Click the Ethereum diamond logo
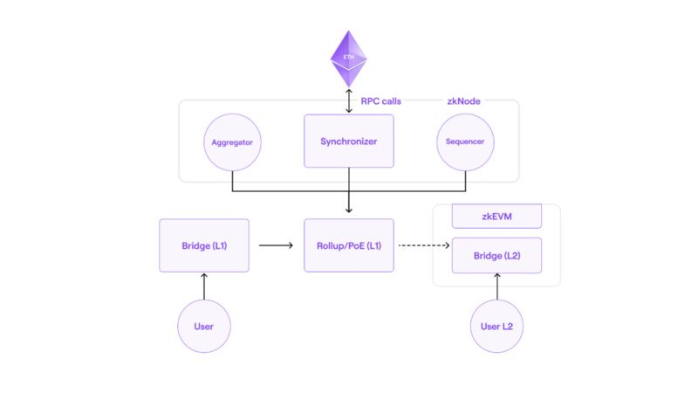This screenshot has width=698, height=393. tap(348, 59)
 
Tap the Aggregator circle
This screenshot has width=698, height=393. tap(232, 142)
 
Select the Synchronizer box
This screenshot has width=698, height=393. tap(348, 141)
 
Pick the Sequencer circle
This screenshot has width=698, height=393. tap(465, 142)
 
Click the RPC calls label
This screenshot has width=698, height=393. tap(380, 101)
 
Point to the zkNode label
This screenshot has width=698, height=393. tap(463, 101)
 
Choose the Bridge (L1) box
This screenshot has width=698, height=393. tap(204, 245)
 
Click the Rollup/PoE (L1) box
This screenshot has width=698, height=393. tap(348, 245)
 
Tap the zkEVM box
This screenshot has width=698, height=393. tap(496, 217)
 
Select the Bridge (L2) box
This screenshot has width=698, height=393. tap(496, 255)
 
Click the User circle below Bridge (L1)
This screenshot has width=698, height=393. tap(204, 326)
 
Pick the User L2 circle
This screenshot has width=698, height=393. tap(496, 326)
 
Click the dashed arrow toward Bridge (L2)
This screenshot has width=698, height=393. tap(424, 245)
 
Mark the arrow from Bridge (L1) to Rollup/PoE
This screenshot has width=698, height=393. tap(276, 245)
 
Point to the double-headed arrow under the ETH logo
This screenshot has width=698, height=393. tap(349, 100)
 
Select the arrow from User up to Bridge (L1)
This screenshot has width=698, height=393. tap(204, 286)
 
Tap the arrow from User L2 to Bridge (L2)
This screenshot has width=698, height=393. tap(497, 286)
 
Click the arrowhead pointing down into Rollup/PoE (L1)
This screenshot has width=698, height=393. tap(349, 210)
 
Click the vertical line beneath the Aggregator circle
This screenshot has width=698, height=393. tap(232, 181)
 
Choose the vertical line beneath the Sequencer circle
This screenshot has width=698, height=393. tap(466, 181)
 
